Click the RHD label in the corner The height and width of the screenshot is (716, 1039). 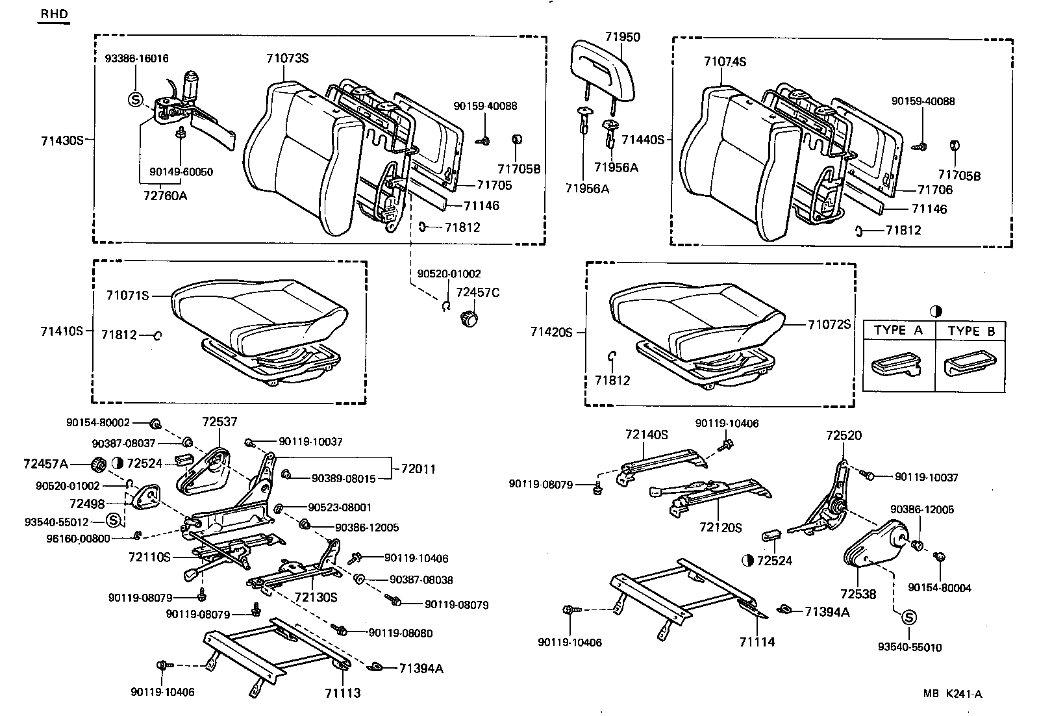click(x=53, y=14)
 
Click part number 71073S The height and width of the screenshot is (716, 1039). click(x=286, y=58)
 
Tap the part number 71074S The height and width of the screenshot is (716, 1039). click(x=725, y=62)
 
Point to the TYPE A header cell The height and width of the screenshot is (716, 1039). click(x=898, y=330)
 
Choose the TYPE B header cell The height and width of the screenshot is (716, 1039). click(x=971, y=331)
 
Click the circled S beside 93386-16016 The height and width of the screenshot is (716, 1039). click(x=135, y=99)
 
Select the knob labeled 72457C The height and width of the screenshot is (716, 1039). click(x=468, y=318)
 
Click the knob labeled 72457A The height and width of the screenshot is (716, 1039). click(x=97, y=464)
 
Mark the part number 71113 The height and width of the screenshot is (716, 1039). click(x=342, y=693)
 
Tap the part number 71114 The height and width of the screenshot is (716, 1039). click(x=757, y=642)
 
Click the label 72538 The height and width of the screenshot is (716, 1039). click(x=858, y=594)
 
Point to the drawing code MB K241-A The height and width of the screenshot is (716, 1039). click(x=952, y=694)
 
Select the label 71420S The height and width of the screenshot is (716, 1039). click(x=551, y=332)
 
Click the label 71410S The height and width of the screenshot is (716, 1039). click(x=62, y=331)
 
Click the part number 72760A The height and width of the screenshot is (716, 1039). click(x=164, y=195)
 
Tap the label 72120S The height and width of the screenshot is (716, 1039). click(x=720, y=528)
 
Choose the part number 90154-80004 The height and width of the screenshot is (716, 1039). click(x=939, y=588)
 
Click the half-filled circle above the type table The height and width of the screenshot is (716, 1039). click(x=936, y=311)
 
